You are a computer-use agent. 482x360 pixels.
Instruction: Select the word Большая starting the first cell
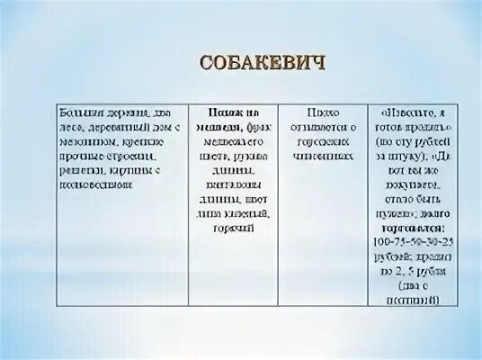tap(76, 114)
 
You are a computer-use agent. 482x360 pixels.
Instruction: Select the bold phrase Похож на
tap(229, 114)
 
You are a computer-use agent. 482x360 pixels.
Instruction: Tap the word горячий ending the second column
tap(232, 229)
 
